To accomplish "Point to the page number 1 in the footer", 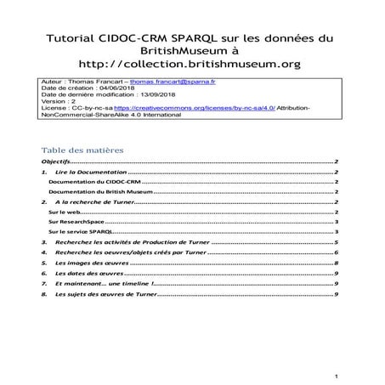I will (337, 376).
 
